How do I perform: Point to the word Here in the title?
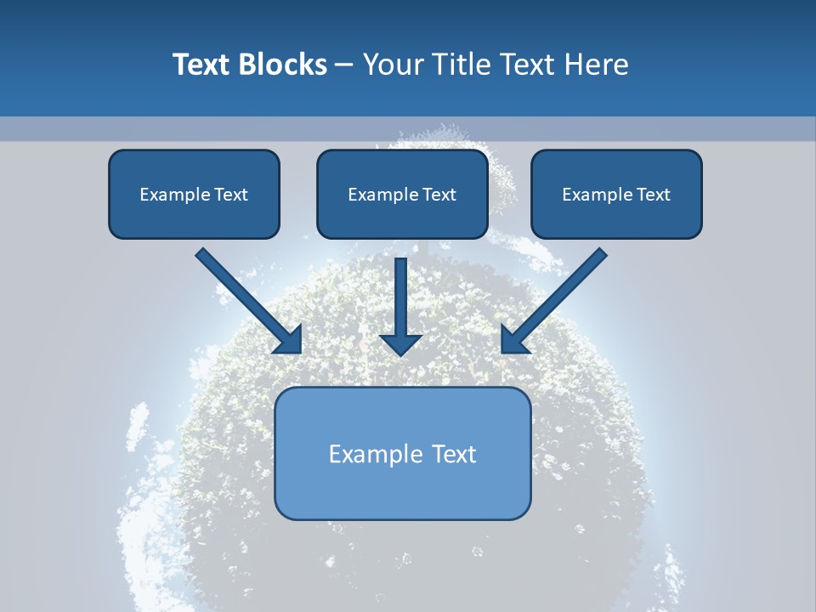pyautogui.click(x=596, y=65)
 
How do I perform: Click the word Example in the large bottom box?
pyautogui.click(x=377, y=454)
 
